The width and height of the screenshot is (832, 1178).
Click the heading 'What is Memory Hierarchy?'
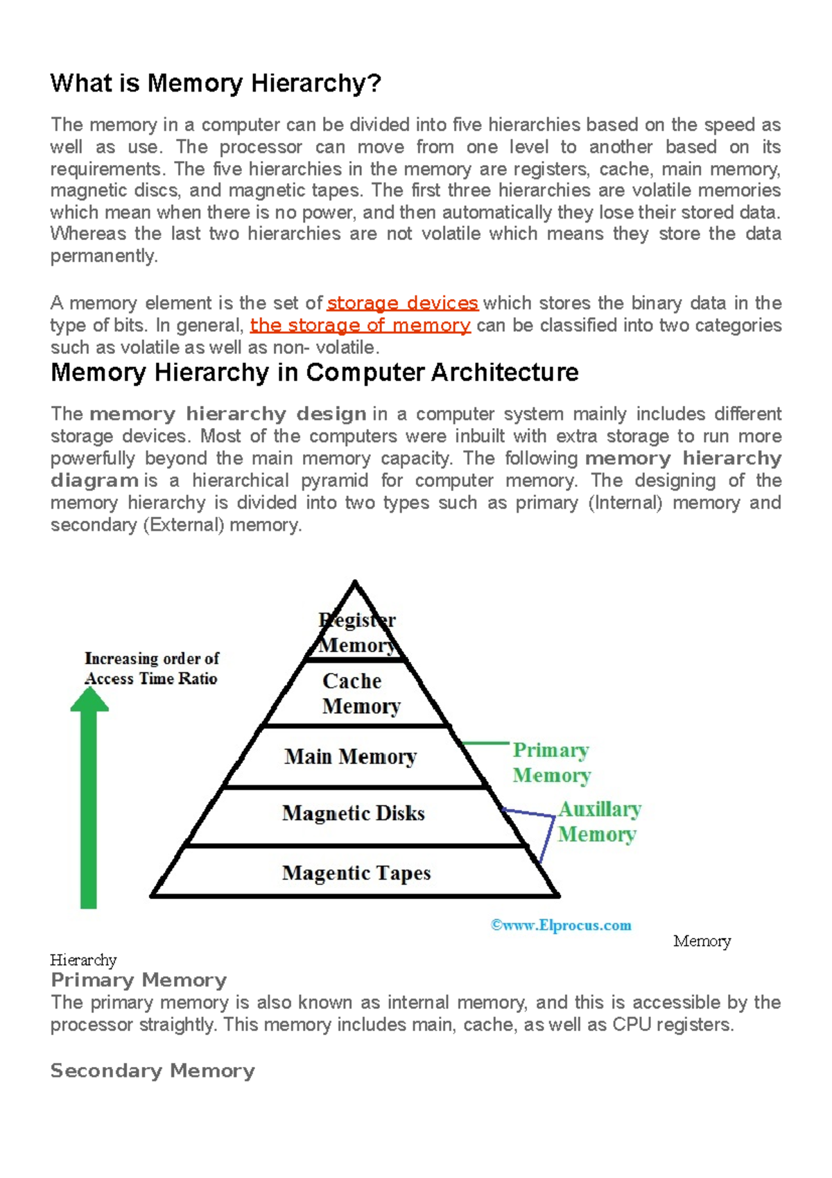point(216,84)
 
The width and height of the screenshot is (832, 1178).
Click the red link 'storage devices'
point(402,303)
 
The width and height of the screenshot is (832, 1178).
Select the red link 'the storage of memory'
point(360,325)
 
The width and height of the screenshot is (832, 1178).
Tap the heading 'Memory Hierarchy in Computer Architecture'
point(314,373)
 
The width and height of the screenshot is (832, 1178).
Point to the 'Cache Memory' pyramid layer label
point(361,693)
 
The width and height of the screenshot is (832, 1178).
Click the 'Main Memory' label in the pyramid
point(350,756)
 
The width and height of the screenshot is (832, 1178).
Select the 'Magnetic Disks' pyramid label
point(353,813)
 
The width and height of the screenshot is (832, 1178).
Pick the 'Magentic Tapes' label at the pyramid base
point(356,873)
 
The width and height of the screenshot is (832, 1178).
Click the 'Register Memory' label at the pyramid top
point(357,632)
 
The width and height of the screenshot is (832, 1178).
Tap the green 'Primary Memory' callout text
point(551,762)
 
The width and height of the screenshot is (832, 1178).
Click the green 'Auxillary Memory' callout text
point(599,821)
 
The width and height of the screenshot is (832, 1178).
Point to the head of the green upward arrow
point(89,698)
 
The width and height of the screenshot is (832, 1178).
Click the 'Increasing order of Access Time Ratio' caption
point(151,668)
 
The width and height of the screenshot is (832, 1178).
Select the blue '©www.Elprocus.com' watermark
point(561,925)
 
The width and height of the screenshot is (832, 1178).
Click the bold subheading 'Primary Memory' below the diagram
point(139,980)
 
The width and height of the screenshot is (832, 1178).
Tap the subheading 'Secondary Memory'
point(153,1070)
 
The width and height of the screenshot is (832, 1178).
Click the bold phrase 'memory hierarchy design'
point(227,414)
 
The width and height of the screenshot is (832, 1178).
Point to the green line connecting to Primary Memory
point(485,743)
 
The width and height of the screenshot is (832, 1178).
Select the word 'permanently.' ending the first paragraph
point(104,256)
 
